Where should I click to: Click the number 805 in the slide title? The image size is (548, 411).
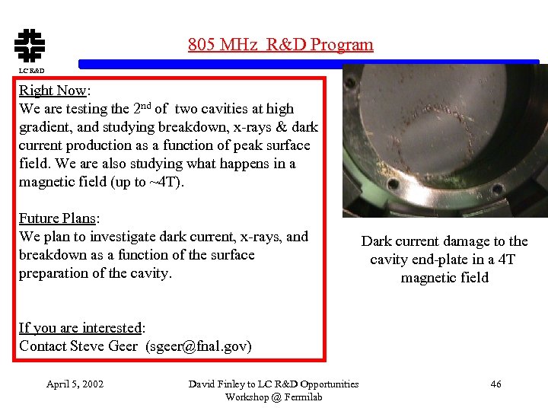click(x=202, y=44)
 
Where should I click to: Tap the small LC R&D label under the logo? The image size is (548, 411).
click(x=31, y=71)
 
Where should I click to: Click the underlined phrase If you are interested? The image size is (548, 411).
click(x=80, y=328)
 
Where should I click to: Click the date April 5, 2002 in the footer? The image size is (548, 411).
click(x=75, y=384)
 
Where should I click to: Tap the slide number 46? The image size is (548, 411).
click(x=495, y=384)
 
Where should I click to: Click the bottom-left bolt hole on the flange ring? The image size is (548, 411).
click(x=393, y=184)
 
